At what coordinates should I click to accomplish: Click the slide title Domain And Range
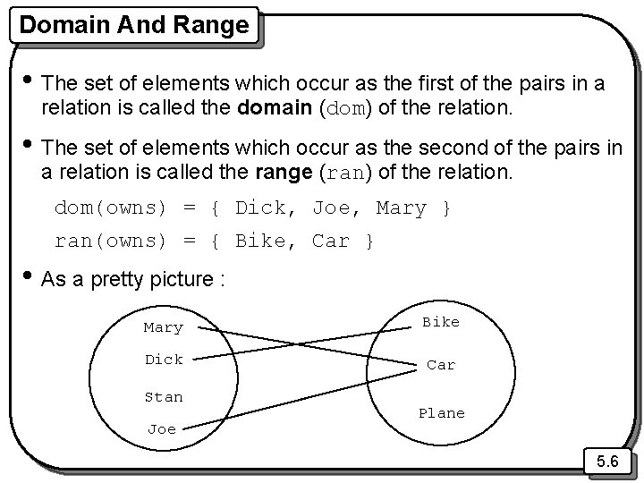pyautogui.click(x=134, y=24)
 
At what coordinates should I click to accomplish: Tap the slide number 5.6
pyautogui.click(x=608, y=462)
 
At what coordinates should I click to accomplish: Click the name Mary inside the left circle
pyautogui.click(x=163, y=328)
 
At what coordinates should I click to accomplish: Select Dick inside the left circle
pyautogui.click(x=163, y=360)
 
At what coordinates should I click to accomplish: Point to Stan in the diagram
pyautogui.click(x=163, y=397)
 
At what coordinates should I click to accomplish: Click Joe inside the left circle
pyautogui.click(x=162, y=429)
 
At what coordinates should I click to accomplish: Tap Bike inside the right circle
pyautogui.click(x=441, y=322)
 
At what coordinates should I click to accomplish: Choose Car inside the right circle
pyautogui.click(x=441, y=365)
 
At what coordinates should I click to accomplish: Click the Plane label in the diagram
pyautogui.click(x=442, y=413)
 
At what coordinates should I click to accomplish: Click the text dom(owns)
pyautogui.click(x=111, y=208)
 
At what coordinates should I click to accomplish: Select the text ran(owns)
pyautogui.click(x=111, y=241)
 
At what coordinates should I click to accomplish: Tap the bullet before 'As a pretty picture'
pyautogui.click(x=30, y=278)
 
